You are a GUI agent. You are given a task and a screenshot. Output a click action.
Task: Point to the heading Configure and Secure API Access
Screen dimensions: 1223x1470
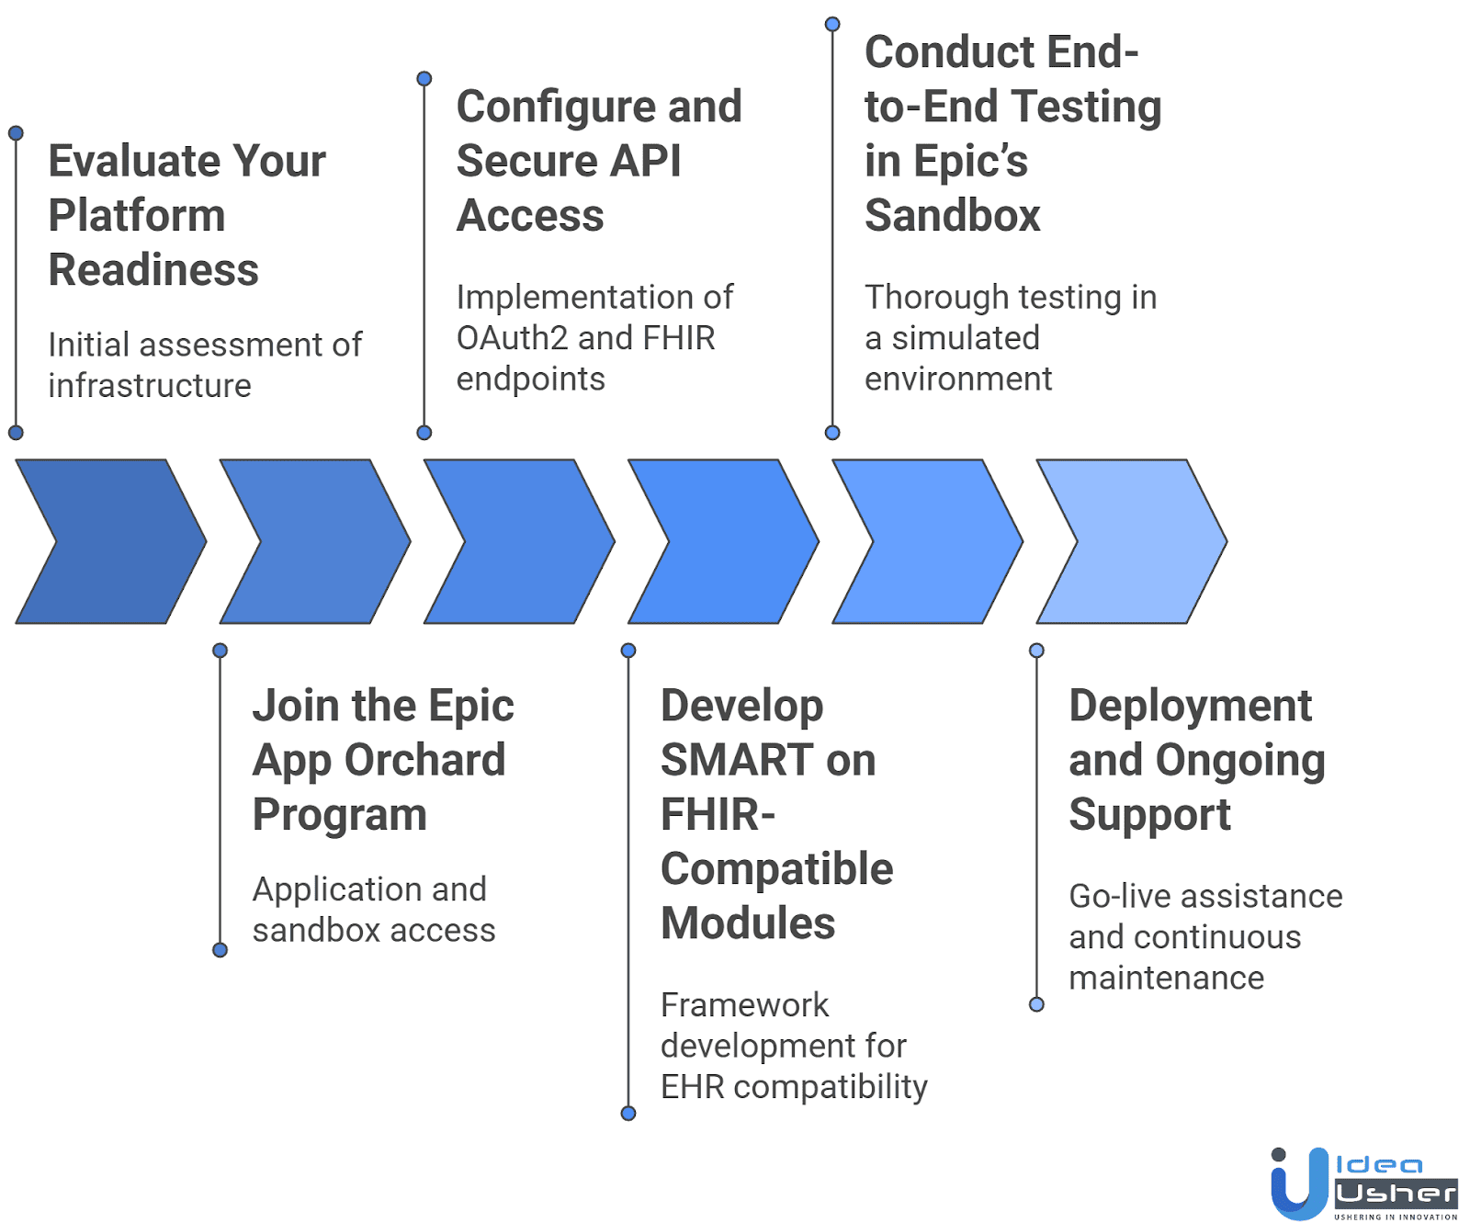pos(598,161)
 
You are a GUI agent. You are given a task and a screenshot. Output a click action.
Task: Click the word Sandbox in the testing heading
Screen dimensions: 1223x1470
pos(952,216)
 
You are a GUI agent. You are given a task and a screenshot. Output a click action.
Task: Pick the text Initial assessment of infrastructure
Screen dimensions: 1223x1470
pos(204,365)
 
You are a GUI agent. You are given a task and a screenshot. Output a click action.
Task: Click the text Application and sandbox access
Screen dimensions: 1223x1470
pos(373,910)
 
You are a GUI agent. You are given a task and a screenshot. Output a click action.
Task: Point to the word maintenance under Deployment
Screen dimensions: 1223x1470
pos(1166,978)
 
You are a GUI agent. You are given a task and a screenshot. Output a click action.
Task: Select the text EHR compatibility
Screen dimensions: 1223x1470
pos(794,1087)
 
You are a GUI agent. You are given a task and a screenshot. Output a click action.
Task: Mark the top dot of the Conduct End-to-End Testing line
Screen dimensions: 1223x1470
pos(832,25)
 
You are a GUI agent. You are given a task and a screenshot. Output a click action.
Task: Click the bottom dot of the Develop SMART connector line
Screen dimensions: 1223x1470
pos(628,1114)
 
